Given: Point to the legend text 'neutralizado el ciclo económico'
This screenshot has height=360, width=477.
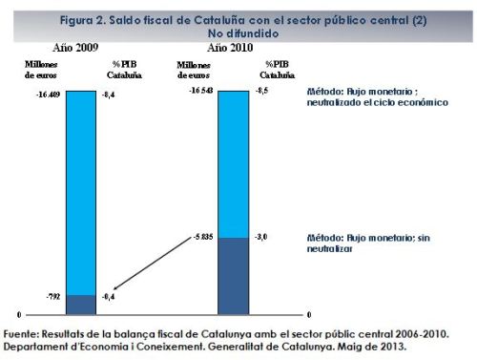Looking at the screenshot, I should (377, 102).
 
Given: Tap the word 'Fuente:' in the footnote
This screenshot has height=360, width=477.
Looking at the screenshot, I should (23, 333).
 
